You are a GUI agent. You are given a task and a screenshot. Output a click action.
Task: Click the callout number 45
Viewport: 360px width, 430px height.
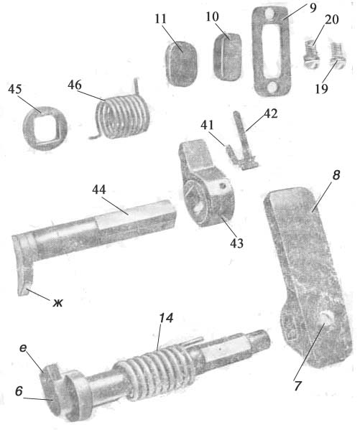coord(15,90)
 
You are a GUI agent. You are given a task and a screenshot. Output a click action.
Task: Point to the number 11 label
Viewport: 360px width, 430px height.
coord(161,19)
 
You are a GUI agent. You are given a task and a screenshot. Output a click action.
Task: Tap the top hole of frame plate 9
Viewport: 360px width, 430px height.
coord(270,14)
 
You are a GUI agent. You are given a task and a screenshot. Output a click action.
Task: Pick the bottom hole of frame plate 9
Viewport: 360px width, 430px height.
coord(272,88)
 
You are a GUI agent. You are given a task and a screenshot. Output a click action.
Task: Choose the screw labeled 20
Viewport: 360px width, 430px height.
coord(313,53)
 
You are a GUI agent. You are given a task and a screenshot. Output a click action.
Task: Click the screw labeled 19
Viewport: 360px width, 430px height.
coord(337,55)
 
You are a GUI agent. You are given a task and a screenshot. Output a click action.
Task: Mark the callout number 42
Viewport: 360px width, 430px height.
coord(270,113)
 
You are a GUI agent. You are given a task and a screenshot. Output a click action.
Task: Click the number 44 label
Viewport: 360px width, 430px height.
coord(99,190)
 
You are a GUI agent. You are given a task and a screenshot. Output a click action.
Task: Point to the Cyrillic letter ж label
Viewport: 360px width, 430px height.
coord(57,303)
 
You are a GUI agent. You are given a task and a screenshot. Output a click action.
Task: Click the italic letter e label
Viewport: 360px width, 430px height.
coord(23,348)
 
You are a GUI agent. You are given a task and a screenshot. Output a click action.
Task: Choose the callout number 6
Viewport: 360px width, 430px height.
coord(19,391)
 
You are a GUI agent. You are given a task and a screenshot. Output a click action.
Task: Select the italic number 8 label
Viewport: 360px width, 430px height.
coord(336,175)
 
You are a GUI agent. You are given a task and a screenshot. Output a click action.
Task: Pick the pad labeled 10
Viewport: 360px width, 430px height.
coord(227,57)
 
